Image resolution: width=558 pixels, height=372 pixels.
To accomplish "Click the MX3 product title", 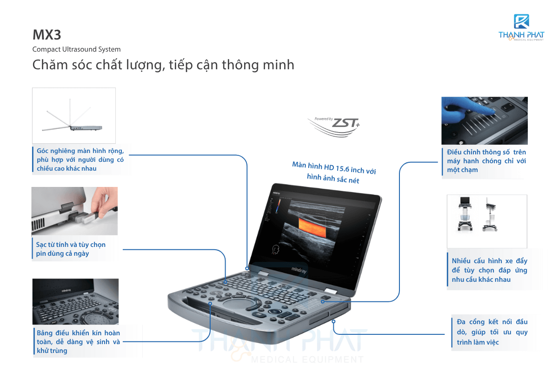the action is tap(47, 34).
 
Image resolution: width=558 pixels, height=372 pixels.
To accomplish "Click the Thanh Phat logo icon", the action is tap(521, 21).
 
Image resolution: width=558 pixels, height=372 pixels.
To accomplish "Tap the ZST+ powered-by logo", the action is tap(334, 126).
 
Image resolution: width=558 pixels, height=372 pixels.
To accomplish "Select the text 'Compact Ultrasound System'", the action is tap(76, 49).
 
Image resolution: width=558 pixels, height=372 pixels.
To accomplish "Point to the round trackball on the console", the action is tap(237, 304).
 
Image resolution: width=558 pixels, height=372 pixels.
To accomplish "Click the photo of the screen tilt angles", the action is tap(74, 115).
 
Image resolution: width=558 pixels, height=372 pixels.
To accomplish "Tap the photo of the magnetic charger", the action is tap(74, 211).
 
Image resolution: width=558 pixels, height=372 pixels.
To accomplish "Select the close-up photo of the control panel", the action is tap(75, 301).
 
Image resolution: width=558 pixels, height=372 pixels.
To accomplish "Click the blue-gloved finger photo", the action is tap(485, 120).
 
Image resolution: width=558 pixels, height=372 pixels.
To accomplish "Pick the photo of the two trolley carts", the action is tap(487, 221).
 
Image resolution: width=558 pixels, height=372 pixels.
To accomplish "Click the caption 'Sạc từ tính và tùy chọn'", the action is tap(71, 245).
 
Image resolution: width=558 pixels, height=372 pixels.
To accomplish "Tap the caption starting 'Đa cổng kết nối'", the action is tap(492, 332).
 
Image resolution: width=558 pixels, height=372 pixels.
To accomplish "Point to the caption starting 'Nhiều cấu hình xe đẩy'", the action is tap(490, 270).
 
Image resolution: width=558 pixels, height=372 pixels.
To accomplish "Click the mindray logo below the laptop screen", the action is tap(299, 270).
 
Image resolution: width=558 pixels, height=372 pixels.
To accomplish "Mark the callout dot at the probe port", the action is tap(333, 321).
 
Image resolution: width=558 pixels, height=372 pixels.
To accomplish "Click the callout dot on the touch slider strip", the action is tap(323, 302).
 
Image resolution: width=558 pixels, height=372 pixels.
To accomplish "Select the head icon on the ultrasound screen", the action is tap(275, 249).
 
